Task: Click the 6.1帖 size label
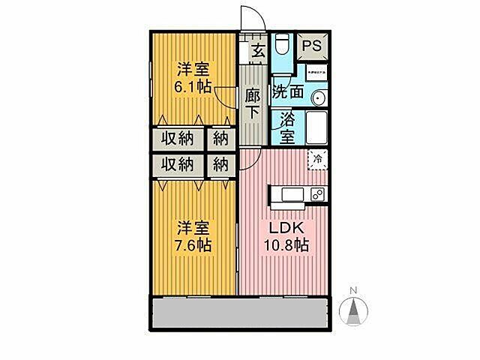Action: click(192, 86)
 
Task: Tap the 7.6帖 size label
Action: click(193, 244)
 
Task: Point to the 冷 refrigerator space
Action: click(318, 159)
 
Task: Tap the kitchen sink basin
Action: click(290, 196)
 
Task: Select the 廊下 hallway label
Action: click(253, 103)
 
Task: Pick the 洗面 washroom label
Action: click(287, 93)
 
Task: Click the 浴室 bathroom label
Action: click(286, 127)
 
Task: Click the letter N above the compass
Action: click(354, 290)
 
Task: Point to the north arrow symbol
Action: click(354, 310)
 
